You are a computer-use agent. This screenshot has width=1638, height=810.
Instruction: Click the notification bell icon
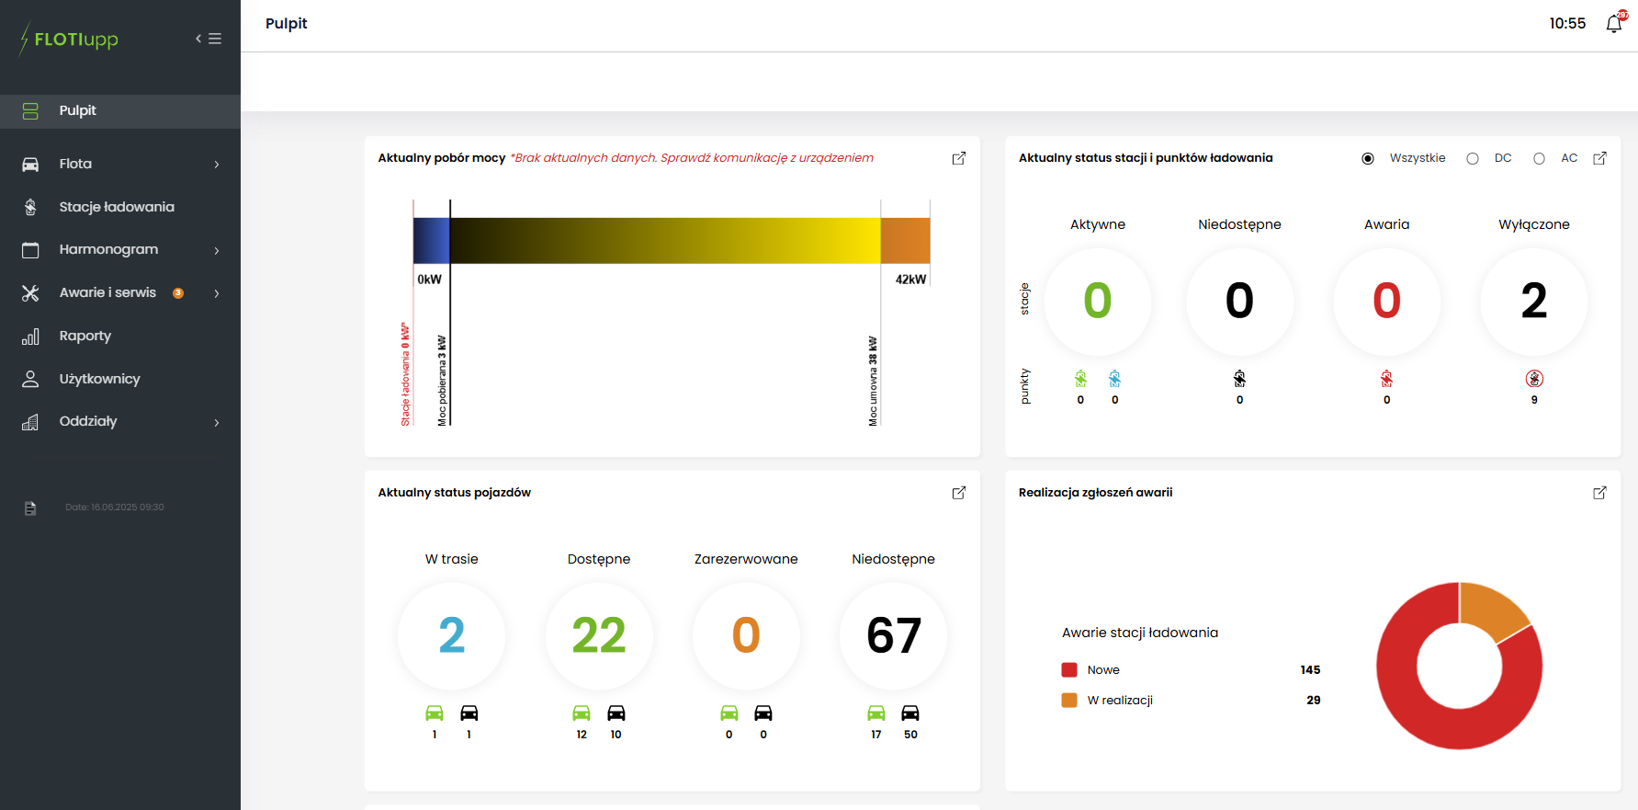point(1613,24)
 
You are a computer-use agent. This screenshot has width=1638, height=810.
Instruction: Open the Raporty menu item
point(85,336)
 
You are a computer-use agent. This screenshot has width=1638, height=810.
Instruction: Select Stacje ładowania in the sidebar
point(117,207)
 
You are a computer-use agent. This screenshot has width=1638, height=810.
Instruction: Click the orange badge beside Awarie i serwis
point(178,293)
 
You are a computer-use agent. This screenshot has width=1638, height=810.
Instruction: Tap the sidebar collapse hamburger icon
point(209,39)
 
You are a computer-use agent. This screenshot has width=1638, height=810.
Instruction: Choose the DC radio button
point(1473,158)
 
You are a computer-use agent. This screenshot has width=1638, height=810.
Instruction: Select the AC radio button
point(1539,158)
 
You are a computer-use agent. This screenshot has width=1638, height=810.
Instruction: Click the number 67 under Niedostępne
point(893,635)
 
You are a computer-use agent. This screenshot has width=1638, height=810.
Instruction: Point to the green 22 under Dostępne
point(599,635)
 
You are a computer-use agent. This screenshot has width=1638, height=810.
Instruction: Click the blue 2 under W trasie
point(451,635)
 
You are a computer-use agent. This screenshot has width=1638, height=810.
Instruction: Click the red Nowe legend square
point(1069,669)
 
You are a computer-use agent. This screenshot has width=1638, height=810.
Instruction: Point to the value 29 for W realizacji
point(1313,700)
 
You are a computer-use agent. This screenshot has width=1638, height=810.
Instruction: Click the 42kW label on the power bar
point(910,280)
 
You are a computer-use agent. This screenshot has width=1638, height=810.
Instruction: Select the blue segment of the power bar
point(431,241)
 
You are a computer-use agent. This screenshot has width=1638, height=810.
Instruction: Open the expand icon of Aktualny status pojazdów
point(958,493)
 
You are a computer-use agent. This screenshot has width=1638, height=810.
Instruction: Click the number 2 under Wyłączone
point(1533,301)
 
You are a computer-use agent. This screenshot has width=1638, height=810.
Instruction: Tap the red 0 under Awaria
point(1386,301)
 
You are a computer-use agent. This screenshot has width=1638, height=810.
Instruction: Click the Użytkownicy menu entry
point(99,379)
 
